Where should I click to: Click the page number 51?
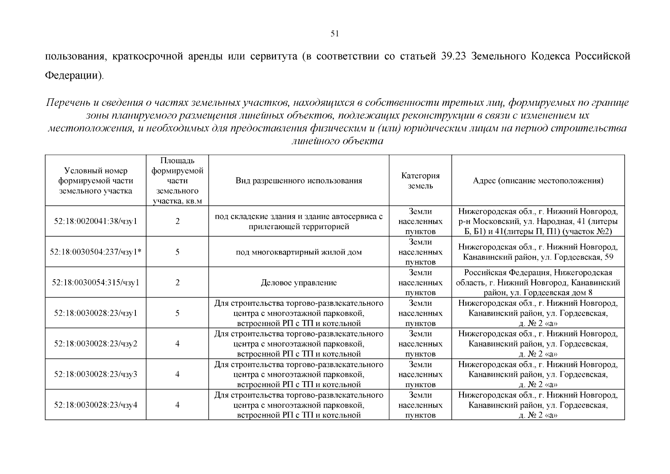click(x=334, y=34)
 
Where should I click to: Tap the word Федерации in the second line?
click(x=73, y=75)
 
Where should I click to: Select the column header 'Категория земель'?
click(x=420, y=181)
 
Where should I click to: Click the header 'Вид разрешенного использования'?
click(x=298, y=181)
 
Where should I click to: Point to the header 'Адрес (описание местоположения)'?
click(x=538, y=181)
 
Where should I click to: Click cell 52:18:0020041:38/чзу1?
click(x=96, y=221)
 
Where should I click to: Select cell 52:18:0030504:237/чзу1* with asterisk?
click(x=96, y=252)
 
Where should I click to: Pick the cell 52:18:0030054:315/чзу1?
click(x=96, y=282)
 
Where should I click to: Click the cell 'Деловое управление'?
click(x=298, y=282)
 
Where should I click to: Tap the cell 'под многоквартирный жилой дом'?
click(x=298, y=252)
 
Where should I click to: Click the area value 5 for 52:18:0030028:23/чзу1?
click(x=177, y=313)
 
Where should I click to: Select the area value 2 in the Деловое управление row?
click(x=177, y=282)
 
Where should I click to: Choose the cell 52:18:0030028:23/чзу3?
click(x=96, y=374)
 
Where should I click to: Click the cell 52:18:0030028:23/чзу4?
click(x=96, y=404)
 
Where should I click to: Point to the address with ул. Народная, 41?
click(x=538, y=221)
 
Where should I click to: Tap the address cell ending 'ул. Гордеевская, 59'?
click(x=538, y=252)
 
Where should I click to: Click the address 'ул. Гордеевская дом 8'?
click(x=538, y=282)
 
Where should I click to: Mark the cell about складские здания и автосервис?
click(x=298, y=221)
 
